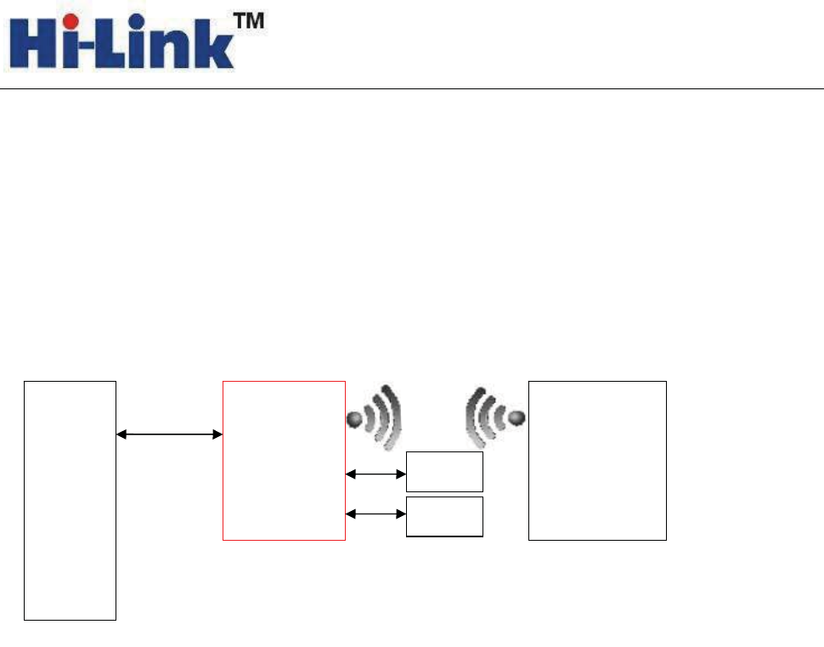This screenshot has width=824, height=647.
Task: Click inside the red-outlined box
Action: coord(284,460)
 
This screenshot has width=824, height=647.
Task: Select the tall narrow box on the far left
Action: coord(70,501)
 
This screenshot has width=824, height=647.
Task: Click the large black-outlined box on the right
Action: coord(597,460)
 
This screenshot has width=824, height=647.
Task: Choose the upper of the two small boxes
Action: coord(444,472)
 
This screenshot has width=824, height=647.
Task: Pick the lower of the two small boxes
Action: coord(444,516)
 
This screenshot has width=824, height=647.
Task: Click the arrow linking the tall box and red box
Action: coord(169,434)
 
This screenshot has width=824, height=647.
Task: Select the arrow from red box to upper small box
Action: coord(376,474)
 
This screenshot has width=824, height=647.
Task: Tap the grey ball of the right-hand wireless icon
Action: coord(516,418)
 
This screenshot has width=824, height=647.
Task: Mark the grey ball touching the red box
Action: coord(356,419)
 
